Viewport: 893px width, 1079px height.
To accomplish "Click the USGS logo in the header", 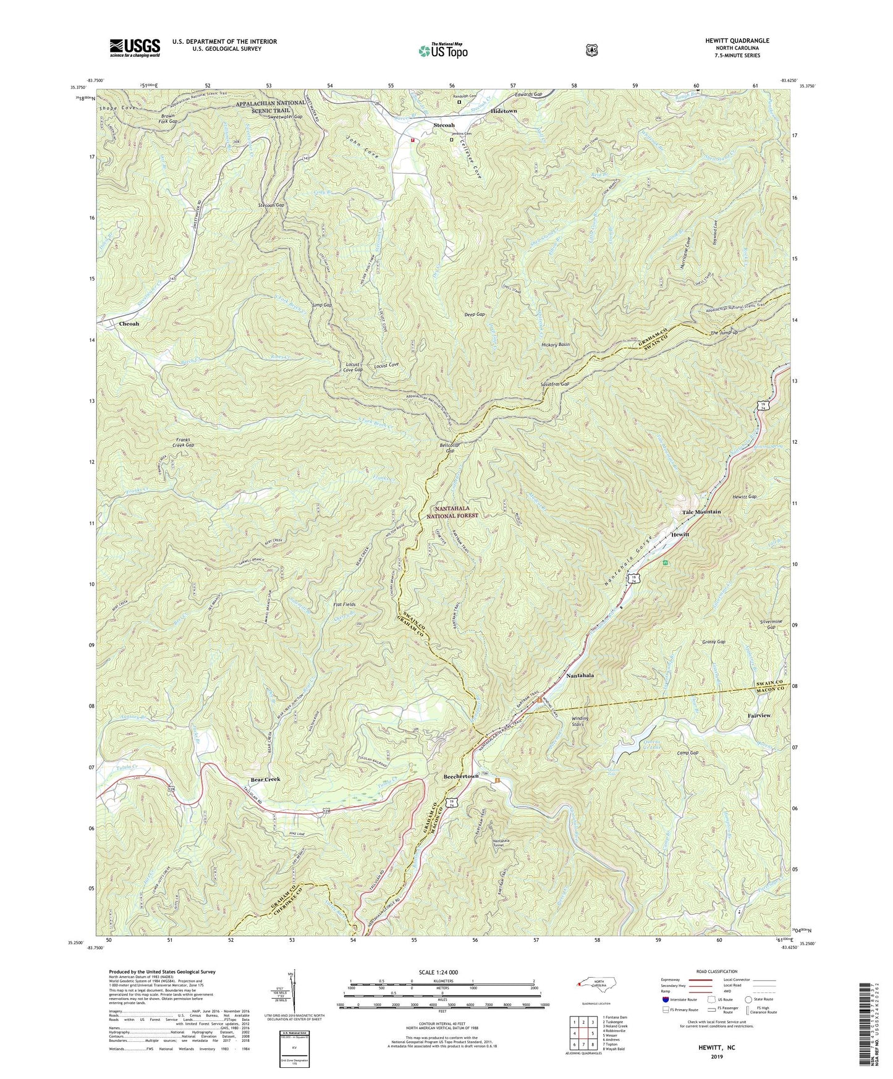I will (135, 48).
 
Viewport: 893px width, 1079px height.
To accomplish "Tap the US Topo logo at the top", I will (442, 51).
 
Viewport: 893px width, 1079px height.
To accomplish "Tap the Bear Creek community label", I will (265, 779).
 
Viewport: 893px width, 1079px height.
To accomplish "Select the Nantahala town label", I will (580, 676).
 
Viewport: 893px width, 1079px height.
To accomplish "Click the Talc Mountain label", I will (701, 512).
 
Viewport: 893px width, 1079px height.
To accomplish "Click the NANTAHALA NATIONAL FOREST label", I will (456, 512).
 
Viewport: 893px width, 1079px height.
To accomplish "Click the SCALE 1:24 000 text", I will (441, 972).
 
